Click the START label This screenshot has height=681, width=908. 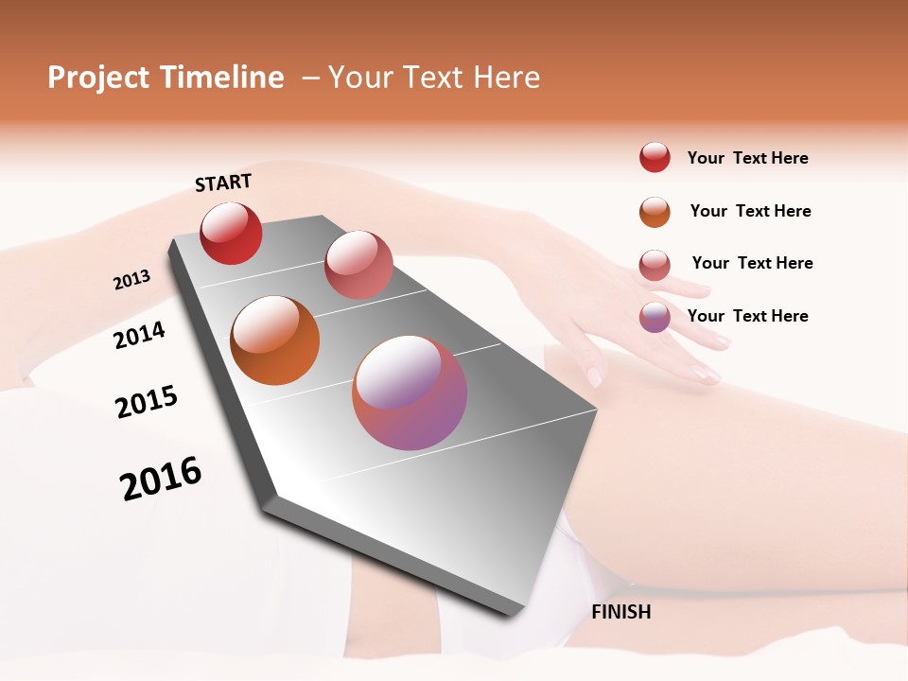[223, 183]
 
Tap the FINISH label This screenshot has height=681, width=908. [620, 612]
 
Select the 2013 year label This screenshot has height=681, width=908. [131, 280]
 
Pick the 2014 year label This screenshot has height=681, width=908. [139, 335]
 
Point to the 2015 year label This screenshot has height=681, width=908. [146, 402]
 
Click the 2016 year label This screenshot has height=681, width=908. [161, 478]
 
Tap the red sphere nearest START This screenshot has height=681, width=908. [231, 233]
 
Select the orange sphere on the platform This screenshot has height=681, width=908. [274, 340]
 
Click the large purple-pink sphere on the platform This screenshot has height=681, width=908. [410, 393]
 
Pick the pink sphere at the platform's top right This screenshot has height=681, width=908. [358, 265]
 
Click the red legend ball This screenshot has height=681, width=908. [655, 158]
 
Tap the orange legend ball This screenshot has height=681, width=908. [655, 212]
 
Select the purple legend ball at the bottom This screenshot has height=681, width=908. [655, 317]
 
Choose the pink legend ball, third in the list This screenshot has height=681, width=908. [655, 265]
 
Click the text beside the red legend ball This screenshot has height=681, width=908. [747, 158]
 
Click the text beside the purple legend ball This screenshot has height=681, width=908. [747, 316]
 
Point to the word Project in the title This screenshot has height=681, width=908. [99, 78]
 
